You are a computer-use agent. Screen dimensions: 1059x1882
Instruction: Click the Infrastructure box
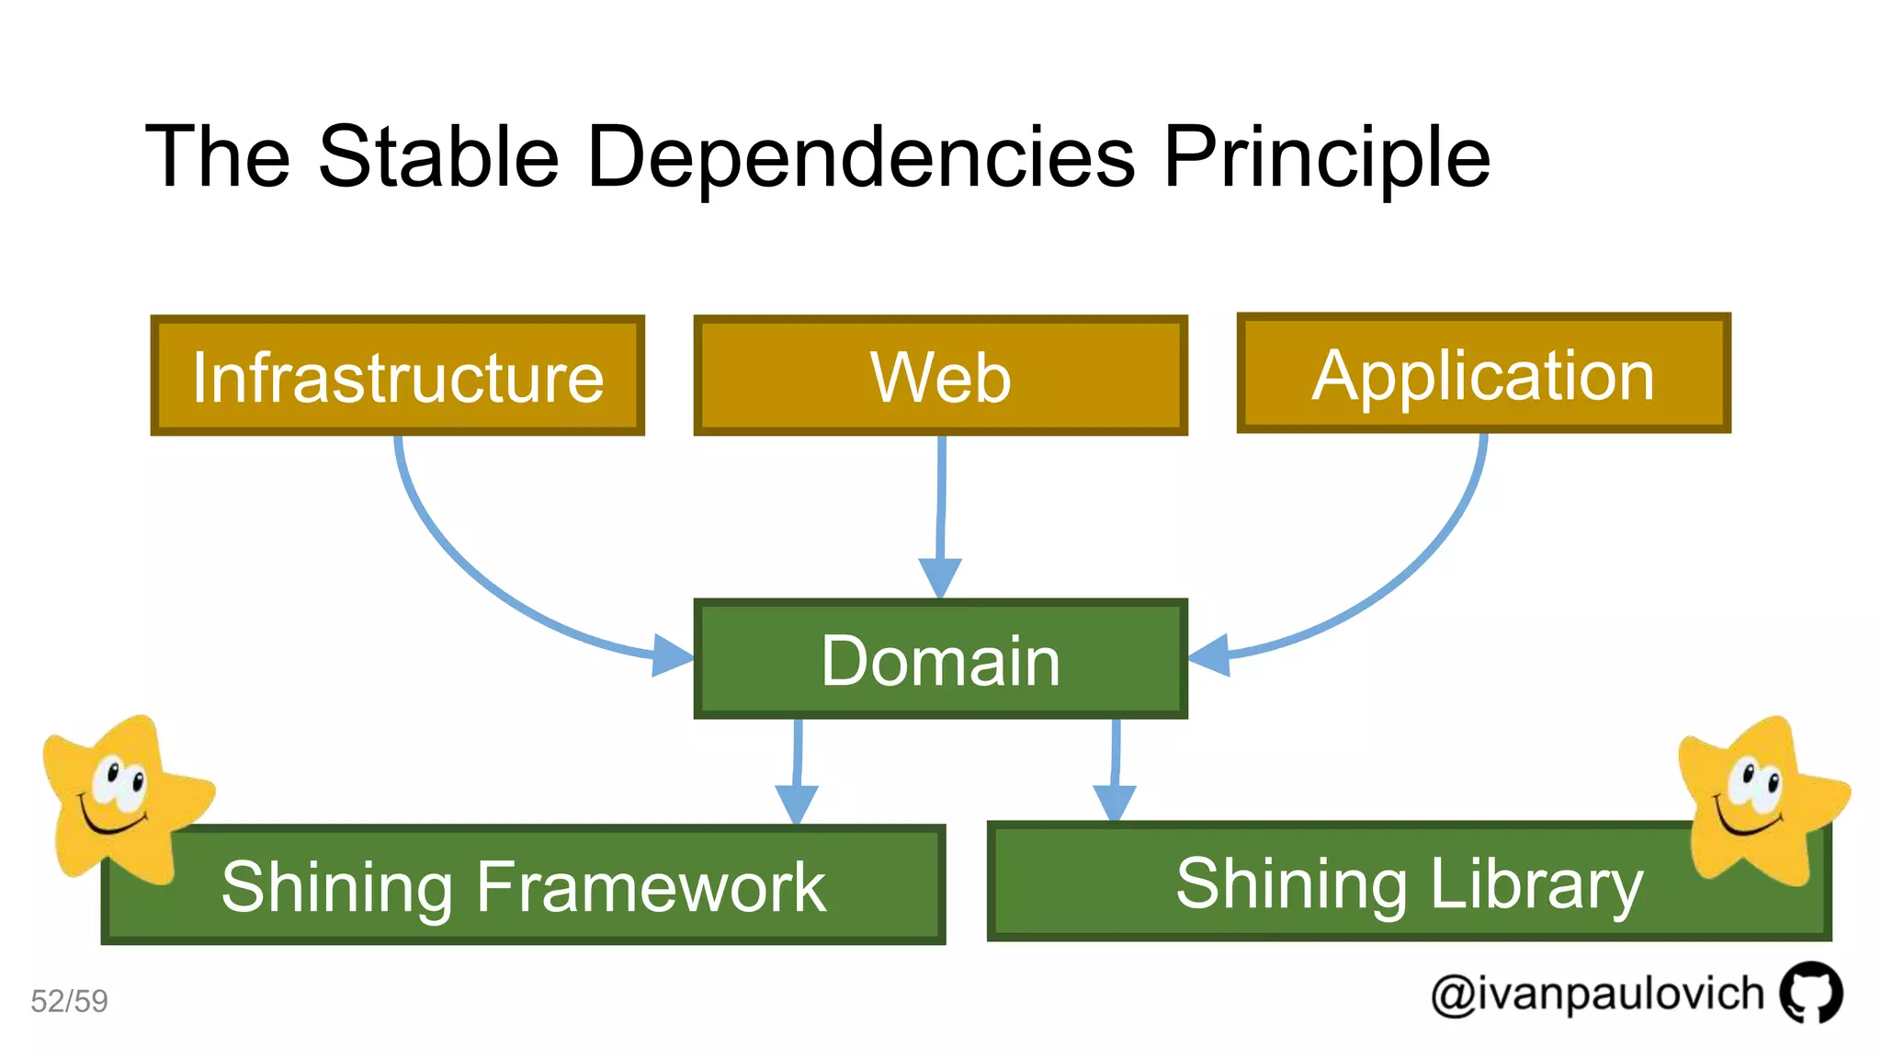[x=397, y=376]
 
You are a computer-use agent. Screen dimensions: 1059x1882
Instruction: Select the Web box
[x=940, y=376]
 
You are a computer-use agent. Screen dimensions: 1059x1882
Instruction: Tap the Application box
[x=1483, y=374]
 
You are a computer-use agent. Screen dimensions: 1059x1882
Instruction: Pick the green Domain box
[x=940, y=659]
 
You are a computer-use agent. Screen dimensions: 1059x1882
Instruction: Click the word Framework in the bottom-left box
[x=651, y=887]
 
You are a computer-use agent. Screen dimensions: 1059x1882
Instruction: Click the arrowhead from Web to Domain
[x=940, y=576]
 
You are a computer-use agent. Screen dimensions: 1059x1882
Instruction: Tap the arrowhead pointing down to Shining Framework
[x=797, y=803]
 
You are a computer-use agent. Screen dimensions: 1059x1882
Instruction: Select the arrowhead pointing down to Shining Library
[x=1115, y=802]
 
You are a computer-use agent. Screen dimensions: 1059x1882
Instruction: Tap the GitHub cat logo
[x=1810, y=992]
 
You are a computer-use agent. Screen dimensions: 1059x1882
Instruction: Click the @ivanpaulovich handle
[x=1597, y=995]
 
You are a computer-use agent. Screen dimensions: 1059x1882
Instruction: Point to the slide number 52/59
[x=69, y=1001]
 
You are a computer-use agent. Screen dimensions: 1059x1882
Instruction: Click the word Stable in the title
[x=438, y=157]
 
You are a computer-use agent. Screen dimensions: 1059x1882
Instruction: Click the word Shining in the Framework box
[x=336, y=887]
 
